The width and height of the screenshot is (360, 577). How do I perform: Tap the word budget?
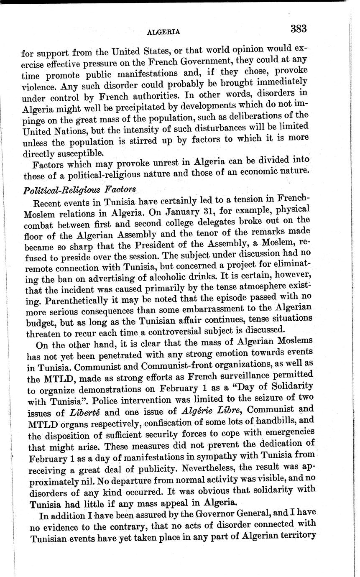click(x=41, y=323)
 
